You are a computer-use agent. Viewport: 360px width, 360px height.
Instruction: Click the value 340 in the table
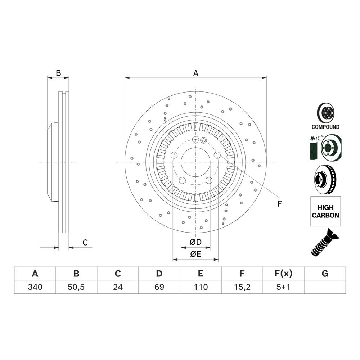point(35,287)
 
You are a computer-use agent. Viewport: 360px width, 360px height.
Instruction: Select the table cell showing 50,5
point(76,287)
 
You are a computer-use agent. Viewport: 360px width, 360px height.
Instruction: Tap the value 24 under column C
point(118,287)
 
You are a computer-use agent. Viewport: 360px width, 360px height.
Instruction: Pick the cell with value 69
point(159,287)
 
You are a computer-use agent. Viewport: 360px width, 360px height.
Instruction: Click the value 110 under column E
point(201,287)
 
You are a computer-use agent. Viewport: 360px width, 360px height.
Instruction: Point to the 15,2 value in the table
point(242,287)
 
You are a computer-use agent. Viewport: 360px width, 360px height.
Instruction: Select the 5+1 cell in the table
point(283,287)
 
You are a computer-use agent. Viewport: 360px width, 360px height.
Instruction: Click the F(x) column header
point(283,274)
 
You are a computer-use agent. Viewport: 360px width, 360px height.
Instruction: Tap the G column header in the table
point(325,274)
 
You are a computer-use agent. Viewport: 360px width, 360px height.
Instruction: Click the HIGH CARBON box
point(325,211)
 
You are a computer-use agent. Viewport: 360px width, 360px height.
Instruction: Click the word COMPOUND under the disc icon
point(325,127)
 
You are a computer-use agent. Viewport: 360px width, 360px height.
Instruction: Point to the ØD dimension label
point(195,241)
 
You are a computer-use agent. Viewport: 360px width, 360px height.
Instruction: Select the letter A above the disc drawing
point(195,73)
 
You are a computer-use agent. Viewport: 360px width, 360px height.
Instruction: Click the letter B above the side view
point(58,73)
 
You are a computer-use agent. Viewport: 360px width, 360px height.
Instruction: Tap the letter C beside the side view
point(85,243)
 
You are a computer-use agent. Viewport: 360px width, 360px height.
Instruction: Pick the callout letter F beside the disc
point(279,204)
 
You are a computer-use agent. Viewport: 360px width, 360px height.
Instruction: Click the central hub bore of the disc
point(195,162)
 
